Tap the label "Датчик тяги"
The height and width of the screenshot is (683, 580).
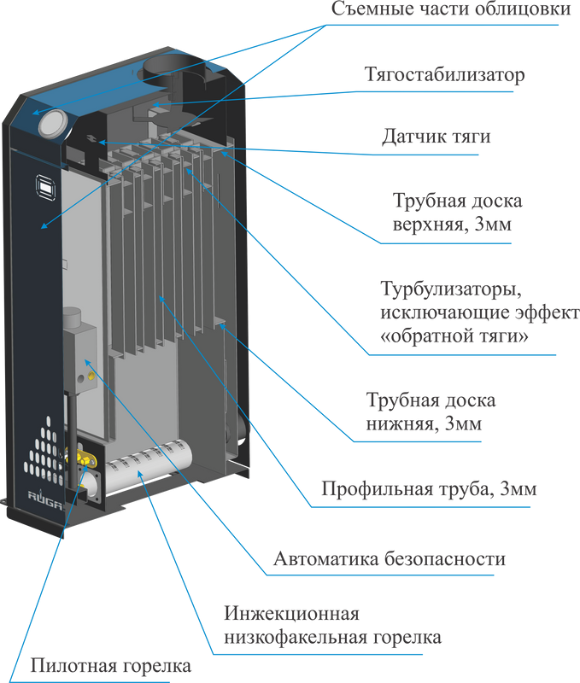[x=436, y=137]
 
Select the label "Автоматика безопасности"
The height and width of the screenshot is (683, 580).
[x=390, y=560]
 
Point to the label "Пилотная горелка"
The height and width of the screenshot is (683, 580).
[x=111, y=665]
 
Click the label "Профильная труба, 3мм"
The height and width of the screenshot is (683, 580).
[x=428, y=491]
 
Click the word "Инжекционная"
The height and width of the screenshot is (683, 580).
[x=290, y=614]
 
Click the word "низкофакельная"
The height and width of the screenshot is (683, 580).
[x=294, y=638]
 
